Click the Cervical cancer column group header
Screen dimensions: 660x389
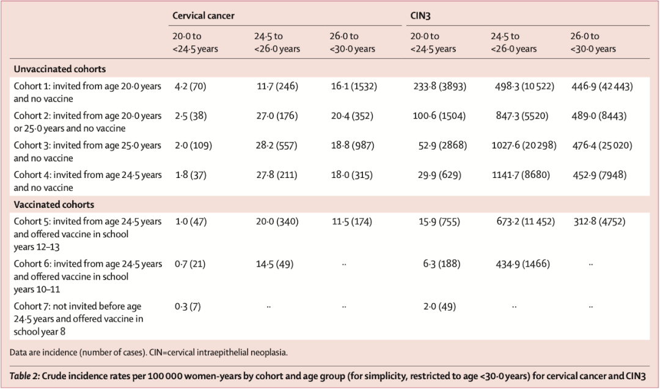click(x=204, y=15)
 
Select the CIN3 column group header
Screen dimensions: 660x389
click(x=420, y=15)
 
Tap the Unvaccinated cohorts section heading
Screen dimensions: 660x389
click(x=60, y=69)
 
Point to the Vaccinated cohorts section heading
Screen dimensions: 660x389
click(x=54, y=204)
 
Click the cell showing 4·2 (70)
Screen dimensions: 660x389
click(x=191, y=86)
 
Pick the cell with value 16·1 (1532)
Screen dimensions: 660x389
click(x=354, y=86)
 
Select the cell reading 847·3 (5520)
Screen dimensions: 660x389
click(x=522, y=116)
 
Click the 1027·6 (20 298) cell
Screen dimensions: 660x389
click(x=524, y=146)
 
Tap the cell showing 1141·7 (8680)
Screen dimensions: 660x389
click(x=521, y=175)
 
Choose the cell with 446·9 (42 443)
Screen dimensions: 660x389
click(x=602, y=86)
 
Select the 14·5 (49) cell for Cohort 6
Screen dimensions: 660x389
click(x=275, y=264)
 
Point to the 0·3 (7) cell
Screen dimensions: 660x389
click(x=188, y=306)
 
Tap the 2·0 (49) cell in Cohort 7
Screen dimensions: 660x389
click(x=440, y=306)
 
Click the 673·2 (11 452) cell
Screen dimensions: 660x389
click(x=526, y=221)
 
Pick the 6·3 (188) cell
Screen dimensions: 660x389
click(x=442, y=264)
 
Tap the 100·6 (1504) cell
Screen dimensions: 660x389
click(x=439, y=116)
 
